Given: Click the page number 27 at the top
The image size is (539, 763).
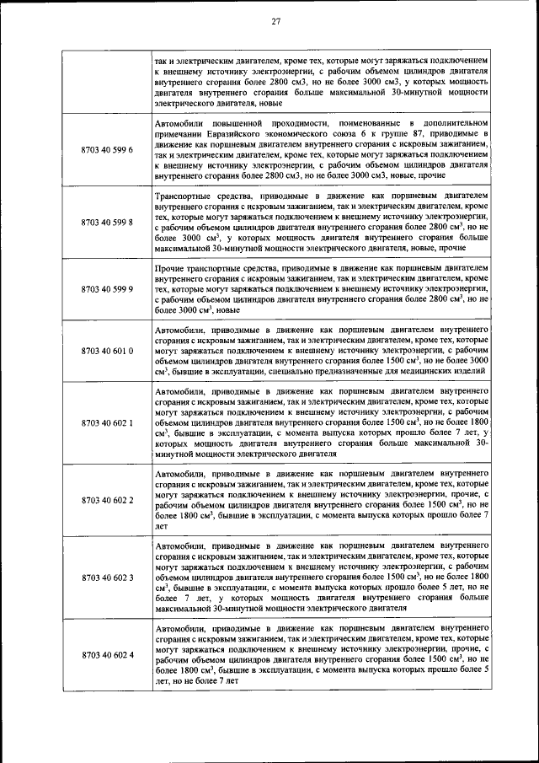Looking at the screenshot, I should [x=275, y=23].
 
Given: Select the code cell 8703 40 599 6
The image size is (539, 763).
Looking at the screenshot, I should [x=107, y=150].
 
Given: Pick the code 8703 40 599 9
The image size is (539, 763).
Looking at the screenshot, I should [x=107, y=288].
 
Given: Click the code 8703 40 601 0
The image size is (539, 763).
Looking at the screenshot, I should [x=107, y=349].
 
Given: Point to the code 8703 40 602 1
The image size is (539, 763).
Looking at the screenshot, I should [x=107, y=422].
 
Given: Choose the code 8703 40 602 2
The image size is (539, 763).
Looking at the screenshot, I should [x=107, y=500].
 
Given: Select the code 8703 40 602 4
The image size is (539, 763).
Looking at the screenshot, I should [x=107, y=655].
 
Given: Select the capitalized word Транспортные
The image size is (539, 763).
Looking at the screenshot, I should [x=187, y=196].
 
